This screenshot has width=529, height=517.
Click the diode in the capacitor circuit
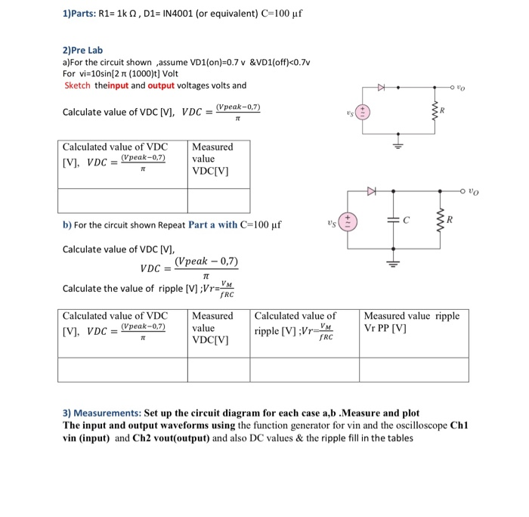click(x=371, y=192)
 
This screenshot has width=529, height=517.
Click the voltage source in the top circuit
click(x=363, y=113)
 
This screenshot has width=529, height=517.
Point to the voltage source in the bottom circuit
click(x=348, y=222)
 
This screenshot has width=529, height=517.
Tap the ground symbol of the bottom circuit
click(x=393, y=263)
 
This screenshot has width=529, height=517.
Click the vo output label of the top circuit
click(x=461, y=88)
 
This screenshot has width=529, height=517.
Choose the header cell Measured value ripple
click(x=411, y=322)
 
